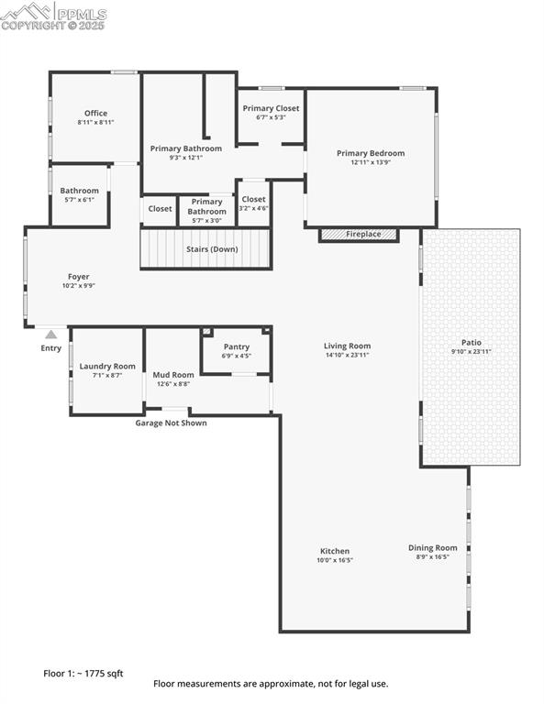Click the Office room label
[95, 114]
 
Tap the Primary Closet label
[271, 108]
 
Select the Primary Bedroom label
[370, 153]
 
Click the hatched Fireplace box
[359, 235]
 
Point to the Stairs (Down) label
[211, 249]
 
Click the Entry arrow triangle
[51, 335]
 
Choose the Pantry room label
[237, 346]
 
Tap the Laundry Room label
[107, 366]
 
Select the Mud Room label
[172, 374]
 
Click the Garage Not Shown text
[171, 423]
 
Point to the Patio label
[471, 342]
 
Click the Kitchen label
[334, 551]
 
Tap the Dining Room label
[432, 547]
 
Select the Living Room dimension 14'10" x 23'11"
[347, 355]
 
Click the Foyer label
[78, 276]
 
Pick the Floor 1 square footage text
[83, 673]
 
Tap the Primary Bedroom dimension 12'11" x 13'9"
[370, 162]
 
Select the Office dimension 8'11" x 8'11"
[95, 122]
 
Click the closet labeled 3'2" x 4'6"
[253, 203]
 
